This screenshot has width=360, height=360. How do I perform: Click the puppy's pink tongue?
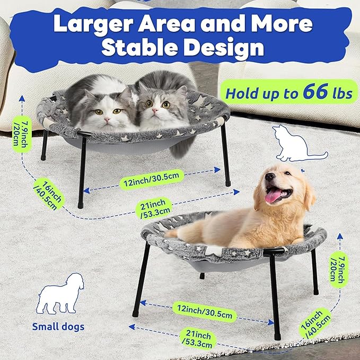coord(273,196)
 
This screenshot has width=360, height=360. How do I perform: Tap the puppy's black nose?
coord(269,177)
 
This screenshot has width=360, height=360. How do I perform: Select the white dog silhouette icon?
coord(60,293)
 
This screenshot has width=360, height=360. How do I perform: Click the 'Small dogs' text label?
coord(58,327)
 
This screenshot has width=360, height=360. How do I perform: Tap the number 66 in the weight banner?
coord(315,92)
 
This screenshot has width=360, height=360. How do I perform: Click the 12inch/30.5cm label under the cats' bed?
coord(152,179)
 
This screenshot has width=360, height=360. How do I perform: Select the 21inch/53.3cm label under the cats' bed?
coord(154,208)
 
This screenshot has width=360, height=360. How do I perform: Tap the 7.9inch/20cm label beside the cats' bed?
coord(22,134)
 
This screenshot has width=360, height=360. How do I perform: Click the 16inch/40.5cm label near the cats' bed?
coord(49,194)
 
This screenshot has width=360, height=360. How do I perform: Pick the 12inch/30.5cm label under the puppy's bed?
coord(205,312)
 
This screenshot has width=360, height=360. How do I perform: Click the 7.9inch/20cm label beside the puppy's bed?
coord(339,270)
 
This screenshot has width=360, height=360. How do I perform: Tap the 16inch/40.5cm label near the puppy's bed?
coord(315,323)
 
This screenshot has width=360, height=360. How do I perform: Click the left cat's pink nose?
coord(107,120)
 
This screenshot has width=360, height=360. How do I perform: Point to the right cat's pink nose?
coord(155,111)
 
